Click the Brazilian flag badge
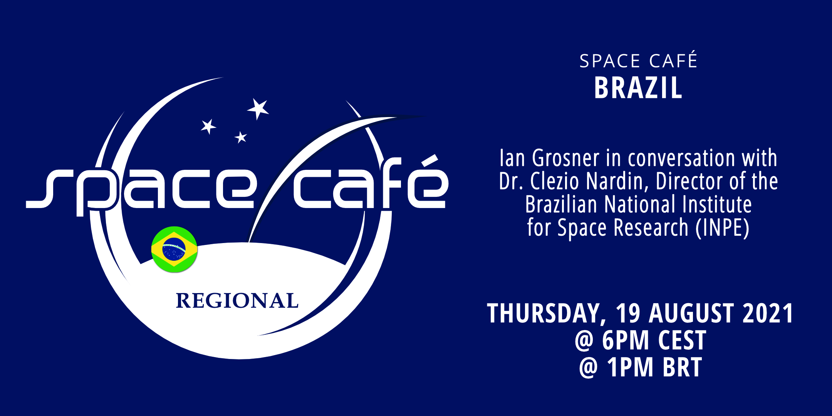coord(174,249)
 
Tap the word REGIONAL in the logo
coord(237,301)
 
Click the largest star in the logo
coord(258,108)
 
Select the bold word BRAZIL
coord(638,88)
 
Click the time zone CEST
coord(682,340)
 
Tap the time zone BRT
coord(683,367)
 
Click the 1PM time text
coord(630,367)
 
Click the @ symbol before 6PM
coord(584,341)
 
